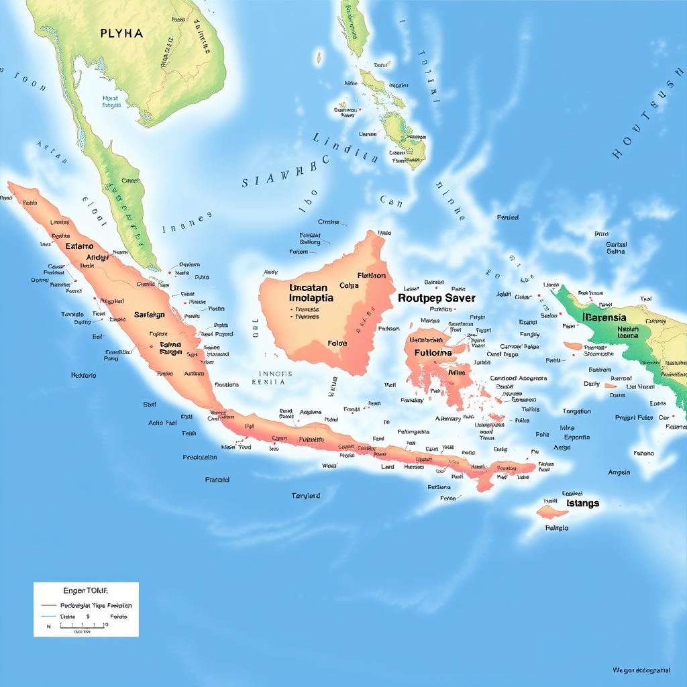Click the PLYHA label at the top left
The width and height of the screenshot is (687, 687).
[x=121, y=33]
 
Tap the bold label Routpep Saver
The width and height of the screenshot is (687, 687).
[x=436, y=297]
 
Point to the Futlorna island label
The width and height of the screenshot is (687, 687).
[x=433, y=352]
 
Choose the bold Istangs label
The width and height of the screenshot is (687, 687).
[x=582, y=503]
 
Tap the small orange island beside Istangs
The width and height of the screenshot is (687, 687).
[x=551, y=513]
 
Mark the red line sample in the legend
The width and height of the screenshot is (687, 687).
[x=48, y=605]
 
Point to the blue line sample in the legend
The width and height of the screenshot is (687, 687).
[x=48, y=616]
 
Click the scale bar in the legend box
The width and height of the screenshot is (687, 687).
[x=82, y=626]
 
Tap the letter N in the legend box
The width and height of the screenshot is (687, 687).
[x=48, y=626]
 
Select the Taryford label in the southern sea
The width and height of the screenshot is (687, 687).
[x=305, y=496]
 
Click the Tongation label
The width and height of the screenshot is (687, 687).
[x=576, y=411]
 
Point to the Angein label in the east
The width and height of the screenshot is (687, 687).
[x=619, y=472]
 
